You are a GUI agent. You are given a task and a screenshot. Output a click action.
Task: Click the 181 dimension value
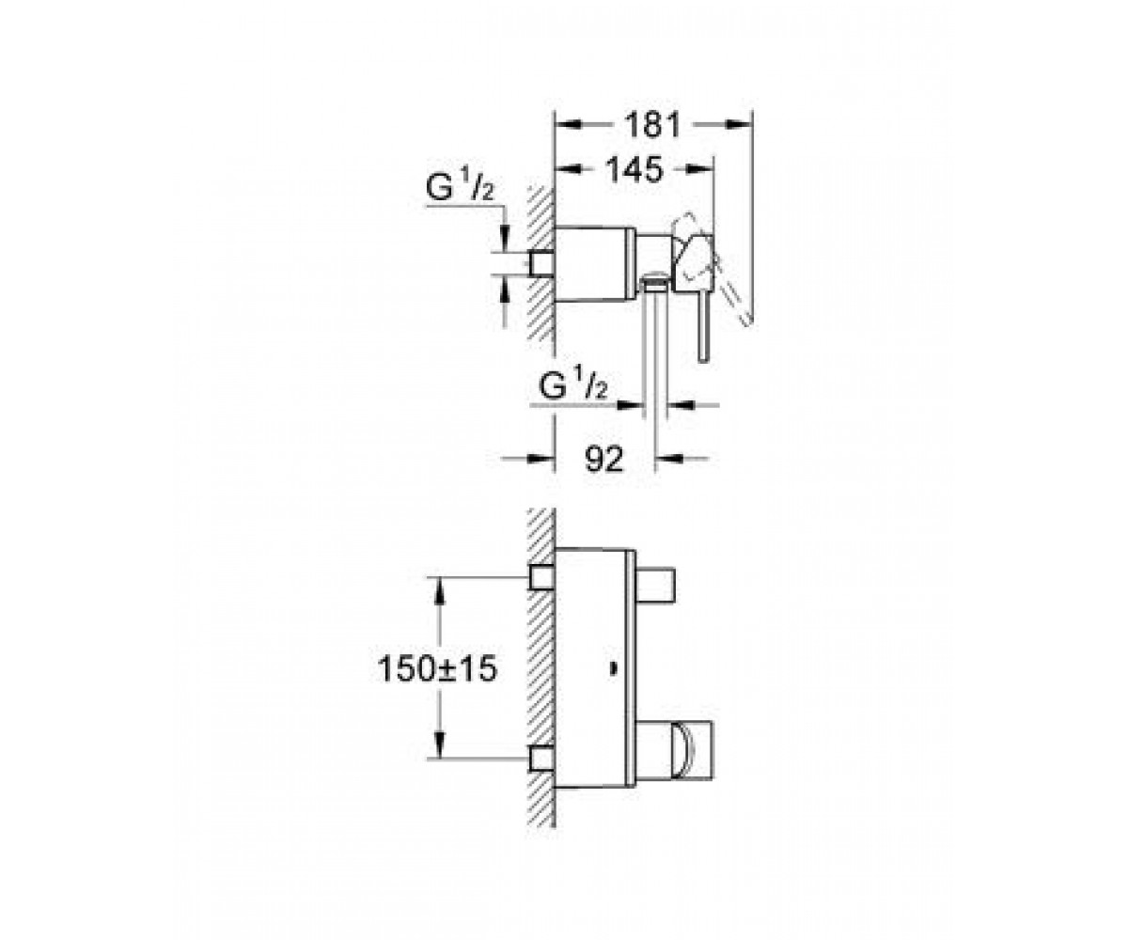652,125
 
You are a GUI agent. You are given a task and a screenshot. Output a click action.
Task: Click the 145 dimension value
634,169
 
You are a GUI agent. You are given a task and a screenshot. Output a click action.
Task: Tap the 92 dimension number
604,460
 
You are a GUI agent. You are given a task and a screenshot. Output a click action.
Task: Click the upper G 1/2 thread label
460,188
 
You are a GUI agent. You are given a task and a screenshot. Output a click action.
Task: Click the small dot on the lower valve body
612,670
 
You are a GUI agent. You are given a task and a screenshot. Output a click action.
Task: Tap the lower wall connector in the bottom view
541,758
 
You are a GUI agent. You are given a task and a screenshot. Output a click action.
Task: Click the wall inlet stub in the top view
541,265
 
